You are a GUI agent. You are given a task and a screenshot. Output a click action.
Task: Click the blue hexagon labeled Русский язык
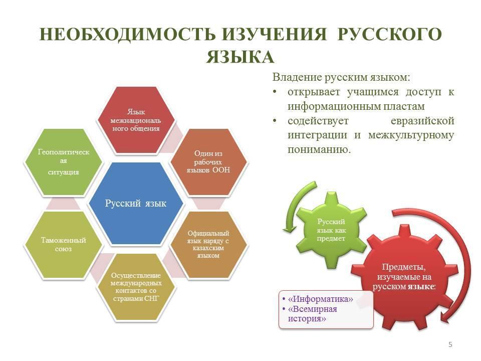pos(136,203)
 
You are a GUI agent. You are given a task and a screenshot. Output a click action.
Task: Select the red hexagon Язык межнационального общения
pos(136,120)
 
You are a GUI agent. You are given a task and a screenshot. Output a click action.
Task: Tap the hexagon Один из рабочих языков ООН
pos(208,162)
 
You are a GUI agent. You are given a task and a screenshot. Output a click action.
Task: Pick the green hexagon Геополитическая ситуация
pos(64,162)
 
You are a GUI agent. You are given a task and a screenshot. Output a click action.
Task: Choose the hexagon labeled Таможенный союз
pos(64,245)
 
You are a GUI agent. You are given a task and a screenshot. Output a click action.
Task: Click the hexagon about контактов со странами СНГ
pos(136,287)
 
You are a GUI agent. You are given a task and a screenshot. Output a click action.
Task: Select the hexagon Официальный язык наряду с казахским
pos(208,245)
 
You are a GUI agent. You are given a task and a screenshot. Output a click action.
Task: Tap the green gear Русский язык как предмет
pos(331,230)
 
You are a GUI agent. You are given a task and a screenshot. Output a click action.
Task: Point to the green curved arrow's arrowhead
pos(289,228)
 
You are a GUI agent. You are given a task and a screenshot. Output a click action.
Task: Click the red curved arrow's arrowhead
pos(446,316)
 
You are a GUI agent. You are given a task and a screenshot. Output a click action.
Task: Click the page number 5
pos(450,344)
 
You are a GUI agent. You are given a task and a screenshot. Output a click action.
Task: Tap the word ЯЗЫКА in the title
pos(240,57)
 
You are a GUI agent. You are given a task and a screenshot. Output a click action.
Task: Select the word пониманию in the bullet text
pos(319,149)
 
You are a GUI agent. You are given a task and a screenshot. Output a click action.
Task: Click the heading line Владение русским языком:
pos(341,77)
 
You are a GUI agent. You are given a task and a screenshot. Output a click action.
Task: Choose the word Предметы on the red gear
pos(404,267)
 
